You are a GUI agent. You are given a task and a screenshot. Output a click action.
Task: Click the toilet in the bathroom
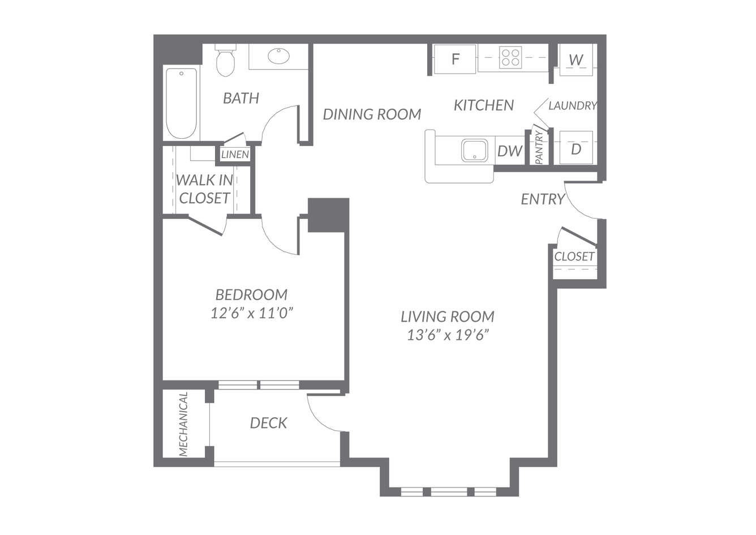point(225,60)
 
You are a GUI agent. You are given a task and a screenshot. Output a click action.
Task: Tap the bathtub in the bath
point(182,104)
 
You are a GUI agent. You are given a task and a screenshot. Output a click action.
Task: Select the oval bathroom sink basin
point(279,56)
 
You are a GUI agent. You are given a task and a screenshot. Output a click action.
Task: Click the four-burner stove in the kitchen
point(510,57)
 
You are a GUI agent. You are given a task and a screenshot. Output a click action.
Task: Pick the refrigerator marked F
point(454,59)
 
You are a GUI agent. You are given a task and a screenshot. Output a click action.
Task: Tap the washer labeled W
point(576,60)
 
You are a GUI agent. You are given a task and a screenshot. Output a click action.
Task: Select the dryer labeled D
point(576,148)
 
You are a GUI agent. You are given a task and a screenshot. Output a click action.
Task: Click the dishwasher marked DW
point(510,151)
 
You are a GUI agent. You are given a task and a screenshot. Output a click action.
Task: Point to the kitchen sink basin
point(475,150)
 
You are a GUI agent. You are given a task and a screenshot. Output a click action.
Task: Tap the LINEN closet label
point(235,155)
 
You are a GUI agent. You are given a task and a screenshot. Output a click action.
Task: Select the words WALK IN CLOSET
point(204,189)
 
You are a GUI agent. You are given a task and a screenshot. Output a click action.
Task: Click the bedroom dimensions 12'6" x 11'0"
point(251,313)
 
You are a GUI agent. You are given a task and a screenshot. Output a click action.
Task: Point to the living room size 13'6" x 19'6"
point(448,335)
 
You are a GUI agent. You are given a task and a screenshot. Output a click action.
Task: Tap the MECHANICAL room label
point(183,424)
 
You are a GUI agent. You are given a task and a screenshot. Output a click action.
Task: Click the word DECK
point(268,423)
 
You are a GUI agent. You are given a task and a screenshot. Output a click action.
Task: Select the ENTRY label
point(543,199)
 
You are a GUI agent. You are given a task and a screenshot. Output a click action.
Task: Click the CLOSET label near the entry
point(574,256)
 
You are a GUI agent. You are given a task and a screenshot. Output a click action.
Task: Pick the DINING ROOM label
point(372,114)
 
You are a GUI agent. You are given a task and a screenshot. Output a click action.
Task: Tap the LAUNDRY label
point(573,106)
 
